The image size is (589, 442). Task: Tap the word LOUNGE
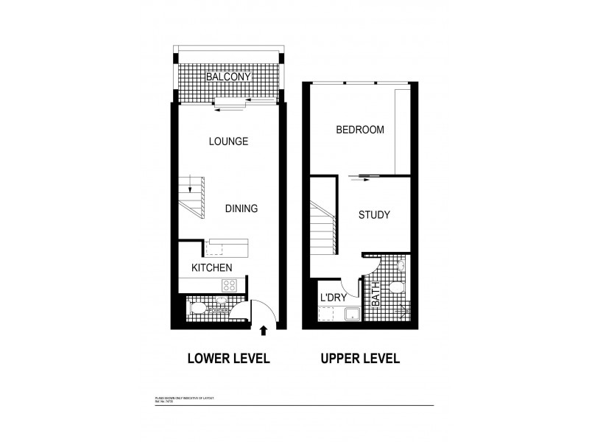click(228, 141)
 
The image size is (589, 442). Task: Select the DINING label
click(241, 208)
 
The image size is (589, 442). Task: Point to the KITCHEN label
click(213, 267)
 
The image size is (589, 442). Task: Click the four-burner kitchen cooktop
click(230, 286)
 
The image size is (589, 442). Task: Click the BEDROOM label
click(360, 130)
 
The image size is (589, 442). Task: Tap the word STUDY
click(373, 216)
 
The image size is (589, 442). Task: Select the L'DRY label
click(332, 297)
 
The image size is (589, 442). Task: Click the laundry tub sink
click(351, 315)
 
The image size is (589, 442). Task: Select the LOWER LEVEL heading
click(228, 359)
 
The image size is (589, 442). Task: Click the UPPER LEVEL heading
click(359, 359)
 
